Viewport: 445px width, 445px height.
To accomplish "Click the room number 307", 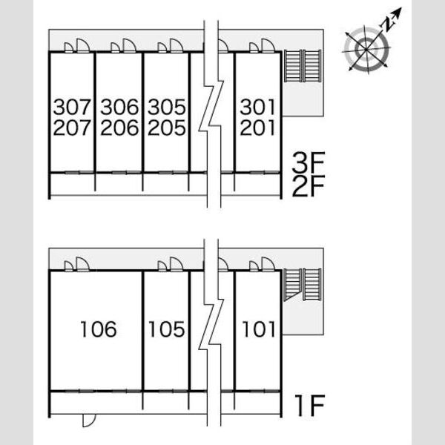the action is click(x=72, y=107).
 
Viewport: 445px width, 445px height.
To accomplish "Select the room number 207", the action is click(x=72, y=128).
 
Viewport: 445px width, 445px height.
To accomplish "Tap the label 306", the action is click(x=119, y=107).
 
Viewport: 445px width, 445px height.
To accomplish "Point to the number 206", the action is click(x=119, y=128).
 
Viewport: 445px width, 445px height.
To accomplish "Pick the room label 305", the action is click(x=167, y=107).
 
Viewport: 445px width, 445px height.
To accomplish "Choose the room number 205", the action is click(x=167, y=128).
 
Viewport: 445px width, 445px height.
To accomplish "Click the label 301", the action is click(x=257, y=107).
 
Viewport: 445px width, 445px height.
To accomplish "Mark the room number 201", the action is click(x=257, y=128).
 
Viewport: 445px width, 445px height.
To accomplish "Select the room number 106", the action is click(x=99, y=329).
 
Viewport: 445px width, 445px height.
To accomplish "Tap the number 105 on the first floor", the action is click(x=167, y=329).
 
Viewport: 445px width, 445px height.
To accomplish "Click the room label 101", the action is click(x=259, y=329).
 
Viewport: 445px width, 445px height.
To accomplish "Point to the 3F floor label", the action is click(x=309, y=162).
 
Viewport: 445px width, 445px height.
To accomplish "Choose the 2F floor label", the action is click(x=309, y=186).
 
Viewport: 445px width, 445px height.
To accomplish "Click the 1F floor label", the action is click(x=310, y=405).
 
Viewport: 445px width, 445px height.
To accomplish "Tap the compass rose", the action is click(x=366, y=50).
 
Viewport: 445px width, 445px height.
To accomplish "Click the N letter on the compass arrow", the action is click(x=388, y=24).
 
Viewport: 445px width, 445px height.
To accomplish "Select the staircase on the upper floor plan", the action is click(x=303, y=66).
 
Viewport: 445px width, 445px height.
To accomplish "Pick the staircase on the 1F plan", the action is click(x=303, y=285).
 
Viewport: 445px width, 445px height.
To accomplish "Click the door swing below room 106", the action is click(x=89, y=421).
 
